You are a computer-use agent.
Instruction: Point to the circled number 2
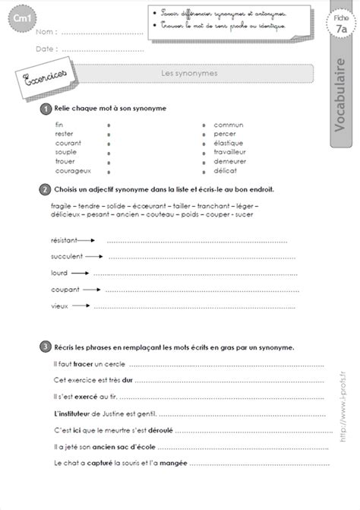coord(46,188)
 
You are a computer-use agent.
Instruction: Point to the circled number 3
coord(46,346)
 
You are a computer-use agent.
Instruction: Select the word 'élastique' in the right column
coord(229,142)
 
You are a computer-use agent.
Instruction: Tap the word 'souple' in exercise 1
coord(66,152)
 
